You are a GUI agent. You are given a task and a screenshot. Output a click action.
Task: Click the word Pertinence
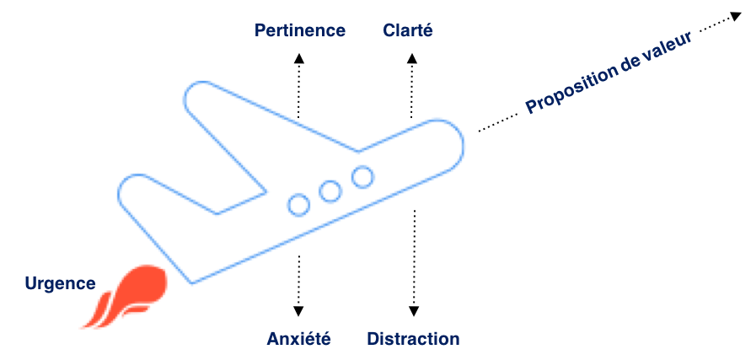point(300,30)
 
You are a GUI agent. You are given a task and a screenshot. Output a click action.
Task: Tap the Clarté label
point(408,30)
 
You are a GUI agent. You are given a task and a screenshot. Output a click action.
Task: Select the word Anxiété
point(299,339)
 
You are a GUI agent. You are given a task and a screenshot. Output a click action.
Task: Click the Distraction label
point(413,339)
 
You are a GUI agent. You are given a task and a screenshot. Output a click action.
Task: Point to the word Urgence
point(61,283)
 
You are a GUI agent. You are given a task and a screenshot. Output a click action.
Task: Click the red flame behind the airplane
point(126,296)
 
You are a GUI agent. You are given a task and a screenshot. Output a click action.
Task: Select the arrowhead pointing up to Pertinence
point(299,58)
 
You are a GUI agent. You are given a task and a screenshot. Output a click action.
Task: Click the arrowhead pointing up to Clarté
point(412,58)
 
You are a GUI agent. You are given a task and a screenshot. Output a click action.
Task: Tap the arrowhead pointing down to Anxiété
point(298,310)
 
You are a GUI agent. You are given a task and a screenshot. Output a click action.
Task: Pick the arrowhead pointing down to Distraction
point(415,310)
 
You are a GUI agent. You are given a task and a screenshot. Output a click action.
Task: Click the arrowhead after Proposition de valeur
point(738,17)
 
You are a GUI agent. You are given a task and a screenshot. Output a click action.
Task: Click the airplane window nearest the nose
point(362,176)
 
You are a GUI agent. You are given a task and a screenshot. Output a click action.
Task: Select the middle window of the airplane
point(330,191)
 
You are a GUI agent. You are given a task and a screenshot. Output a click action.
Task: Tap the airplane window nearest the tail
point(299,205)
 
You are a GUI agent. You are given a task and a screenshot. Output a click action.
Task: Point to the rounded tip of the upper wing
point(185,99)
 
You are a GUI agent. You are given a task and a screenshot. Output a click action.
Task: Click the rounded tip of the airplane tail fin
point(119,194)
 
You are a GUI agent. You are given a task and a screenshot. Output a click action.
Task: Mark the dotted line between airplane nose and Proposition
point(497,123)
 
